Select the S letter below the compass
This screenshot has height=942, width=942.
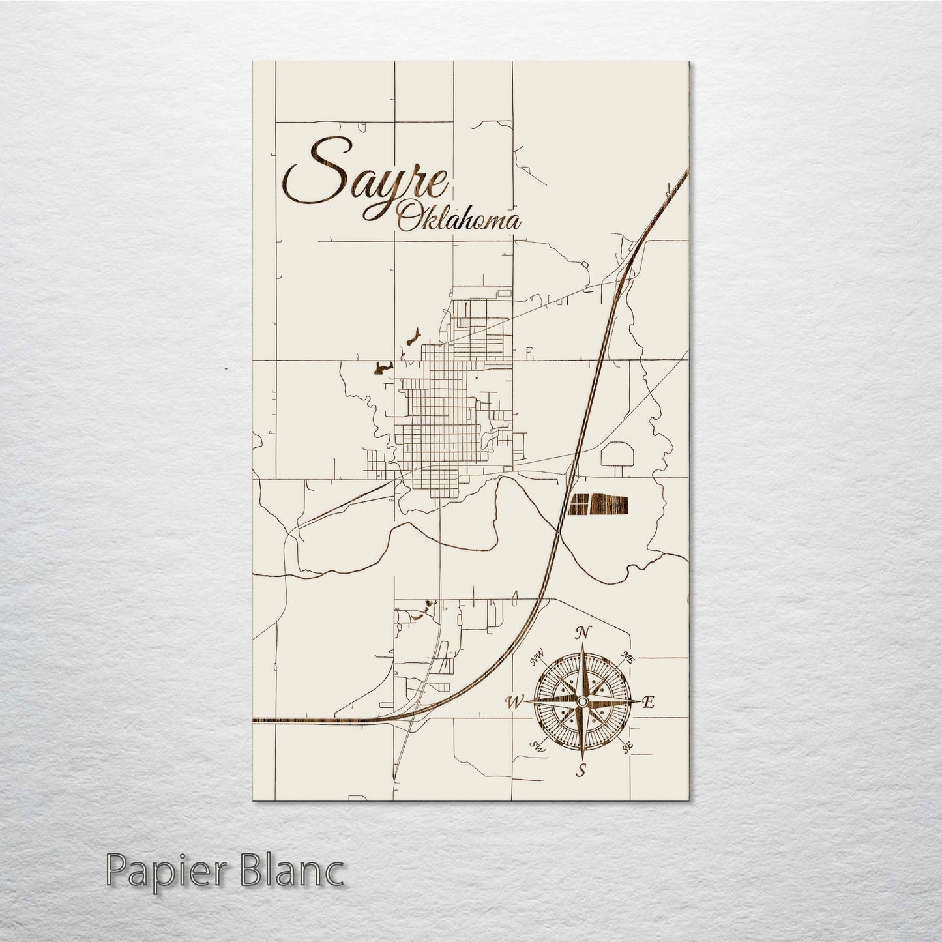[x=580, y=771]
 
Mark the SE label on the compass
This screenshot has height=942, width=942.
[x=627, y=748]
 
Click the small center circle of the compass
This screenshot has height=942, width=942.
[x=581, y=700]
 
